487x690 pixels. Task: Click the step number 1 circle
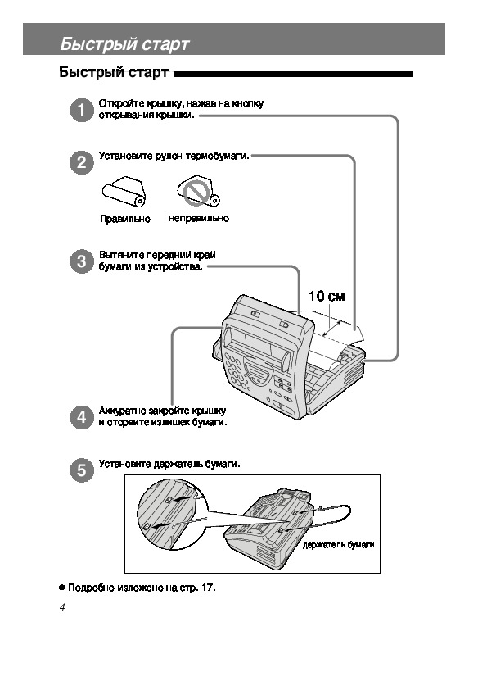[82, 110]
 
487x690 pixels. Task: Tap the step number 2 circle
[82, 162]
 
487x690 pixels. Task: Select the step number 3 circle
[82, 261]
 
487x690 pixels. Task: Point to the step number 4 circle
[82, 417]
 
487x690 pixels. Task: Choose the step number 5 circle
[82, 470]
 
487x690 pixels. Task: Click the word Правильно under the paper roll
[125, 219]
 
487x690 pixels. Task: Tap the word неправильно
[198, 218]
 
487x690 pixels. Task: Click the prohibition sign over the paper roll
[196, 193]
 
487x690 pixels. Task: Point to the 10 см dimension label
[327, 296]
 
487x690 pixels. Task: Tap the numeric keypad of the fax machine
[236, 371]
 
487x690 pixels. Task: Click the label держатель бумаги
[338, 545]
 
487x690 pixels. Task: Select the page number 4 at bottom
[62, 607]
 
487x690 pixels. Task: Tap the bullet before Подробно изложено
[61, 588]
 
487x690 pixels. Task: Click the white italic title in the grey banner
[124, 44]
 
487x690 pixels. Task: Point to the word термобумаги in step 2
[217, 156]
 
